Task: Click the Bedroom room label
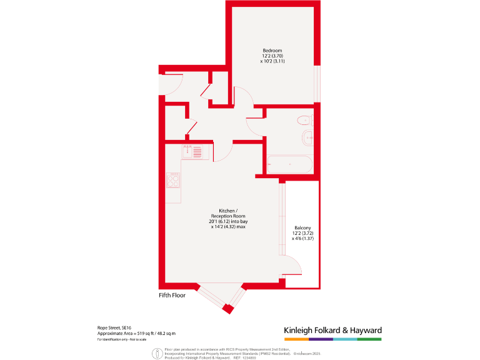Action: (272, 51)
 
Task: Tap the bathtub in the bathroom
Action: (289, 164)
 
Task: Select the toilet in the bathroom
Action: (304, 120)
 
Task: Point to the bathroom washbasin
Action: (308, 138)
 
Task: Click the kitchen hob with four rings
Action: (174, 180)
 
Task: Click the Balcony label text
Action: (302, 228)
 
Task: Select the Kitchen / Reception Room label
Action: (228, 213)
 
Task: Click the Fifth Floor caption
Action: (172, 294)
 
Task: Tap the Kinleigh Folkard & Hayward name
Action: (332, 330)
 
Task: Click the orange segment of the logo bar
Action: (296, 339)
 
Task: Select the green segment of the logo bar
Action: (369, 339)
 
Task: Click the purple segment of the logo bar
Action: (321, 339)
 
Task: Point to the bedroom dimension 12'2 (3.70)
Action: (272, 56)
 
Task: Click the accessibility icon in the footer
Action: (156, 354)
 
